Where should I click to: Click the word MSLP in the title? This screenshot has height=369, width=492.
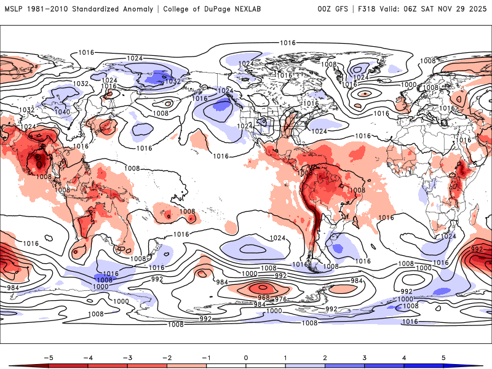(x=13, y=9)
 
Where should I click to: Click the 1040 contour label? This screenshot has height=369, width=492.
(x=62, y=113)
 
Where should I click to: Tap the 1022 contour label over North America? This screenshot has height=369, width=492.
(x=244, y=125)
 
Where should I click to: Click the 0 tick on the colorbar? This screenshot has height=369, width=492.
(x=246, y=357)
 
